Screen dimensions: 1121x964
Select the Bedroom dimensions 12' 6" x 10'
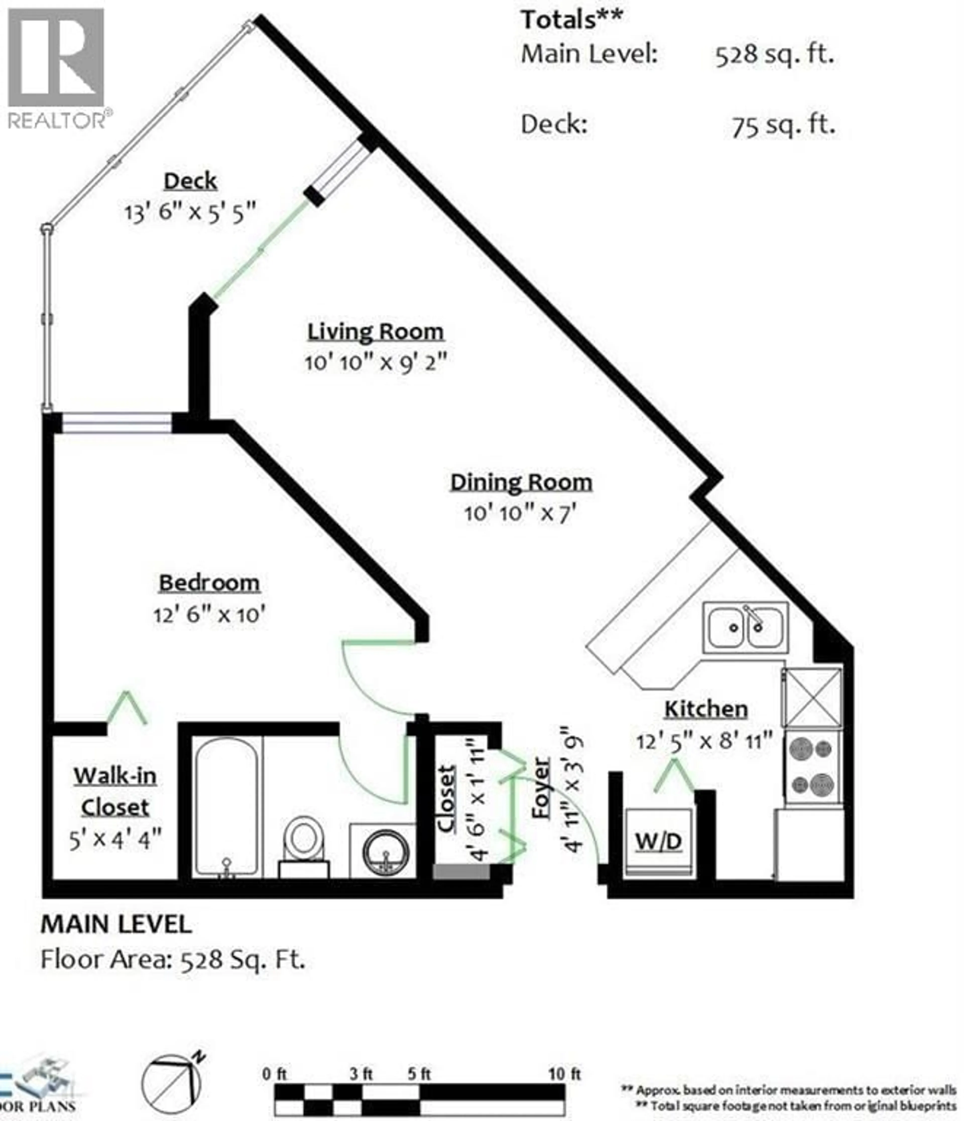(209, 615)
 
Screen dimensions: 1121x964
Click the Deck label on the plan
(190, 181)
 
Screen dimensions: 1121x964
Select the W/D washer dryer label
(658, 841)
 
